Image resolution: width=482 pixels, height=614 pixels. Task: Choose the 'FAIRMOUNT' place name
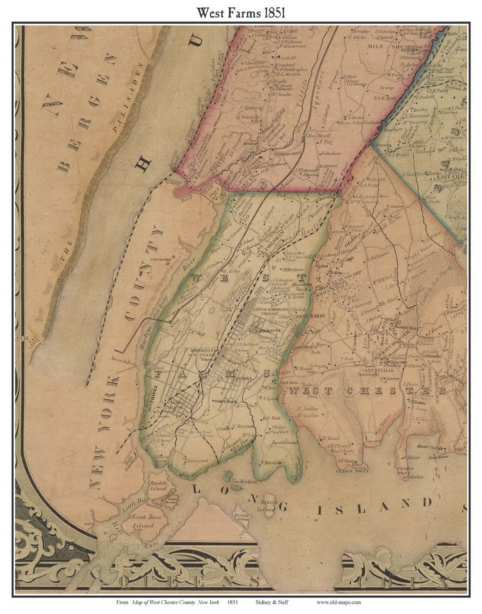click(267, 331)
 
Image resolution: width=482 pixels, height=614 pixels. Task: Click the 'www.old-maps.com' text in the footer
click(339, 602)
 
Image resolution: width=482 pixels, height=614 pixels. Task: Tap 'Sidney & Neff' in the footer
click(272, 602)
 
